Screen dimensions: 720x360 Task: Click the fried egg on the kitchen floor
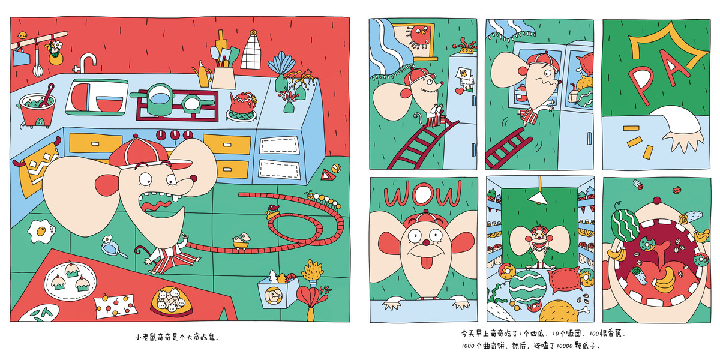[41, 231]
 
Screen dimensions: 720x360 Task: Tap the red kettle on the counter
[242, 103]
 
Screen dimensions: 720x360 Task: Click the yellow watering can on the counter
[203, 75]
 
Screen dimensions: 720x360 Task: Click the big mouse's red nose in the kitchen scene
[193, 178]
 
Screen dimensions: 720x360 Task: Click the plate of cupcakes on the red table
[70, 281]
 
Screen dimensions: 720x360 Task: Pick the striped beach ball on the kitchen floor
[336, 169]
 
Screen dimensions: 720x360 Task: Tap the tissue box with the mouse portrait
[277, 292]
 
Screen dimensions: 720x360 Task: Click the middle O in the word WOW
[424, 194]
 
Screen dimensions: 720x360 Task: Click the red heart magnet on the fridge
[460, 91]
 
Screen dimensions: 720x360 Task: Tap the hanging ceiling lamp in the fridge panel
[538, 197]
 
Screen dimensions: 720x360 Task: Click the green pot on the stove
[158, 98]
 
